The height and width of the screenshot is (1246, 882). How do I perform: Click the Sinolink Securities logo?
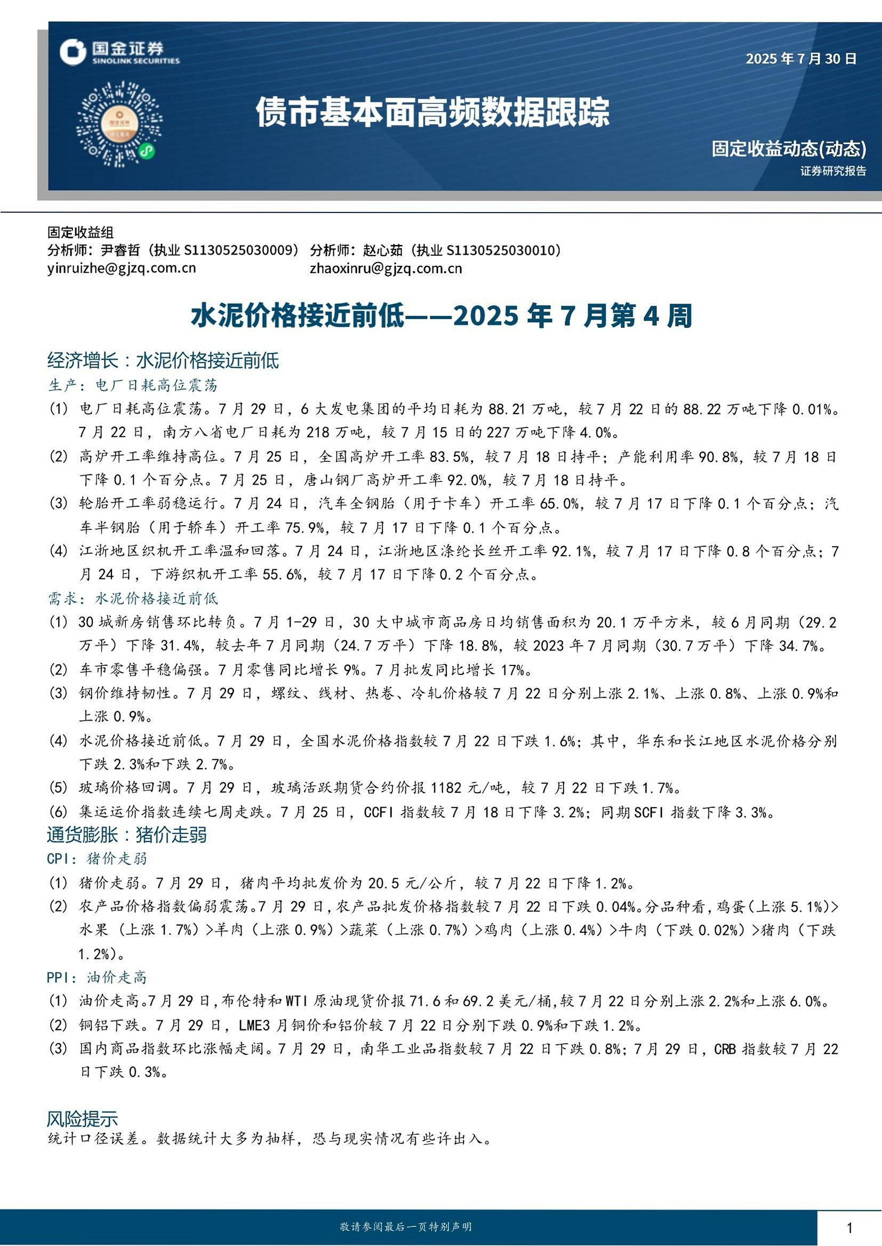coord(119,53)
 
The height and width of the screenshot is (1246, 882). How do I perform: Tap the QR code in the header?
coord(119,125)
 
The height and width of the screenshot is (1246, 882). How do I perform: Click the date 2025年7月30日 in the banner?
coord(801,59)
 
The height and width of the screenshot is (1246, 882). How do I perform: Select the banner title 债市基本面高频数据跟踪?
coord(433,112)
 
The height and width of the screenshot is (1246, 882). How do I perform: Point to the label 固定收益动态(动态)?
coord(789,148)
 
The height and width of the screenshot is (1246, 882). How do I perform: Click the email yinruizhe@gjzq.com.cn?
coord(122,268)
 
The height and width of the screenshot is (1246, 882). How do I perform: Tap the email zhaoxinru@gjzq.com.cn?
coord(386,268)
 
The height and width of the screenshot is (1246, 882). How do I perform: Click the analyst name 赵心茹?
coord(383,250)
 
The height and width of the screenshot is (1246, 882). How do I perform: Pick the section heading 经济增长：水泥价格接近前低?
coord(163,360)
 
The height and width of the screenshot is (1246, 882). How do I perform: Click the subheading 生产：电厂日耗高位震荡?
coord(133,385)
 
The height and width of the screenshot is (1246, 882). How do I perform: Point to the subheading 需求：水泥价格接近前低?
coord(133,599)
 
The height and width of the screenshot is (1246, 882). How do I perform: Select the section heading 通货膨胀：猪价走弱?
coord(126,835)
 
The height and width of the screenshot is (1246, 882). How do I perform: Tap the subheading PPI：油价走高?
coord(97,978)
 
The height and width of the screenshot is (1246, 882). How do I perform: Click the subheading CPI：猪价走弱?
coord(97,859)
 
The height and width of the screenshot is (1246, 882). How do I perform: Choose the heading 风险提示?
coord(82,1119)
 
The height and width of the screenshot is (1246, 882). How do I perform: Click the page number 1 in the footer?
coord(849,1227)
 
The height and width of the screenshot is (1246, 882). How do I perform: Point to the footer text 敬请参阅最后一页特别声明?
coord(405,1227)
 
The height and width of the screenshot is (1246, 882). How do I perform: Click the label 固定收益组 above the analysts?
coord(81,233)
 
